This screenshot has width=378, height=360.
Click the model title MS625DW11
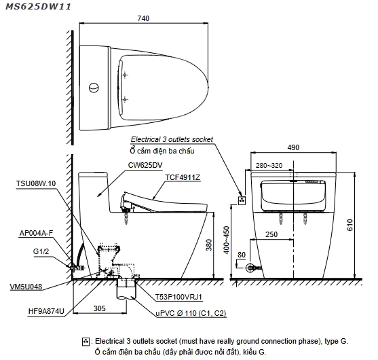[x=38, y=7]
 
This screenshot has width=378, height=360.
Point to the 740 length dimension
[x=143, y=18]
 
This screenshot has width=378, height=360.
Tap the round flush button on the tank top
[x=94, y=88]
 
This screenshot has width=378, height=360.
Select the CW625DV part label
[x=145, y=165]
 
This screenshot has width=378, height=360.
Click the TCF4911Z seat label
[x=183, y=177]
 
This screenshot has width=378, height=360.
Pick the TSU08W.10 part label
[x=36, y=183]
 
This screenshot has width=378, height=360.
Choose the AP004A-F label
[x=36, y=233]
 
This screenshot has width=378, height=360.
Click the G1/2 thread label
[x=41, y=251]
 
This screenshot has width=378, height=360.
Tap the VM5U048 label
[x=26, y=287]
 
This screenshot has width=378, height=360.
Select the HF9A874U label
[x=46, y=311]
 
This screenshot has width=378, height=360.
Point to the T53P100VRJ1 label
[x=178, y=297]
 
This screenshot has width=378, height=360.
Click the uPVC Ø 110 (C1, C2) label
[x=191, y=313]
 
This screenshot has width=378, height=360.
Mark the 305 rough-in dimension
[x=100, y=308]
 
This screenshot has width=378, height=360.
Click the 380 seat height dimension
[x=209, y=245]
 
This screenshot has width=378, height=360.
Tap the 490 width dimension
[x=293, y=147]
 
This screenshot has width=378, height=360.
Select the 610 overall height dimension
[x=349, y=225]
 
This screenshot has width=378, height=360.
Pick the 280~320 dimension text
[x=269, y=166]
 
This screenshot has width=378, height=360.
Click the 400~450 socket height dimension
[x=227, y=240]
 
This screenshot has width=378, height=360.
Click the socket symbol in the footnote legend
[x=86, y=342]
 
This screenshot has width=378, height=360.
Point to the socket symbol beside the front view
[x=242, y=200]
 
